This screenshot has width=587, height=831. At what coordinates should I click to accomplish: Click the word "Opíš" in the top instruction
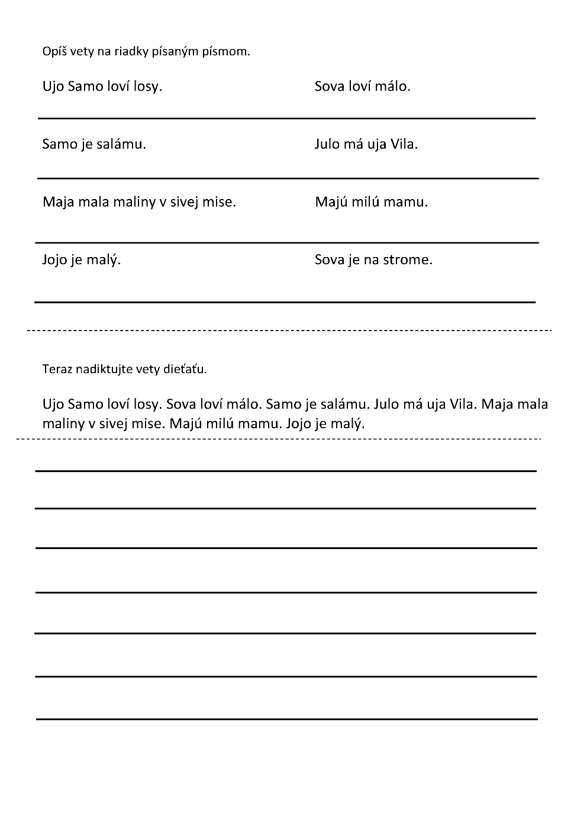tap(51, 52)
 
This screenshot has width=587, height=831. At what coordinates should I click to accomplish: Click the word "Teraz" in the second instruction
tap(55, 370)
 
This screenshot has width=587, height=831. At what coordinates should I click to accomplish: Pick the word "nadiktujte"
tap(94, 370)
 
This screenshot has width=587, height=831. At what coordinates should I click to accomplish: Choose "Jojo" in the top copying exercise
tap(54, 259)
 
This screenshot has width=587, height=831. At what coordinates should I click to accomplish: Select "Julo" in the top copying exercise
tap(327, 144)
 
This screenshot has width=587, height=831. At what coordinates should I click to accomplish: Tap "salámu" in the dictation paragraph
tap(343, 404)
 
